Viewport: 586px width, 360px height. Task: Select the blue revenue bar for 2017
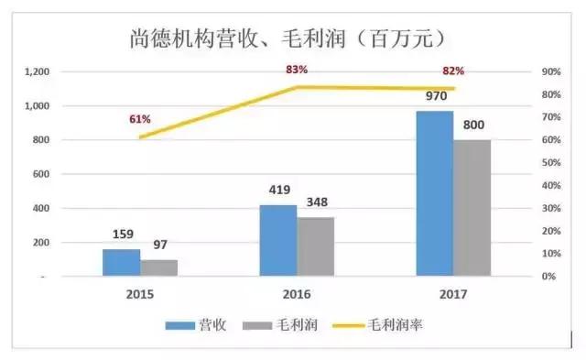point(434,193)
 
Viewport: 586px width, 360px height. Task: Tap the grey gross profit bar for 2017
point(472,208)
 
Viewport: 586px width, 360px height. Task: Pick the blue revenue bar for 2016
point(277,240)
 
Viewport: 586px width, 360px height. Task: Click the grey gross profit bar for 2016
point(316,246)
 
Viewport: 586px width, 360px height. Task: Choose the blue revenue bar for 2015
point(121,262)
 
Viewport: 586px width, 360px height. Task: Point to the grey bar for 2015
point(159,267)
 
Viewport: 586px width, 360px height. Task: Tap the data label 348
point(316,202)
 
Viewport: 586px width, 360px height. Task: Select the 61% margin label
point(139,119)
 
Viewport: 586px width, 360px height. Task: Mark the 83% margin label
point(296,70)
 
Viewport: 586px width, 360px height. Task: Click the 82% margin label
point(453,71)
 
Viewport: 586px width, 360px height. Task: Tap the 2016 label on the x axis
point(297,295)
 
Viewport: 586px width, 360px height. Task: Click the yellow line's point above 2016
point(297,87)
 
